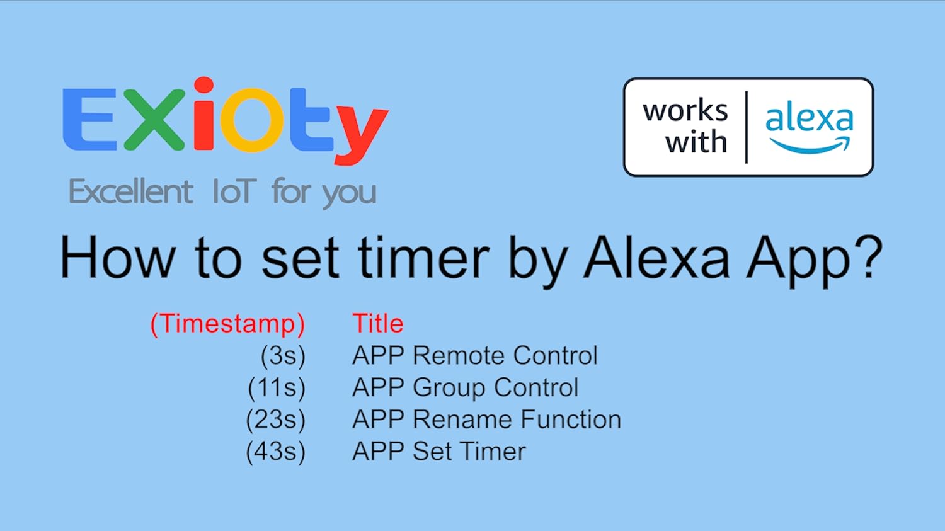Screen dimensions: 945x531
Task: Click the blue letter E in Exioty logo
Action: [89, 119]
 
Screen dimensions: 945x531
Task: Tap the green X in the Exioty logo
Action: [155, 119]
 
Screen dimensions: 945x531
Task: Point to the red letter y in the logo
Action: [361, 135]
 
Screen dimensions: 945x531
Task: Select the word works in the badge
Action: [685, 111]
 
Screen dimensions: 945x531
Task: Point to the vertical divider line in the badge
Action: [747, 127]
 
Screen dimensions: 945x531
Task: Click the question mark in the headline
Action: [869, 257]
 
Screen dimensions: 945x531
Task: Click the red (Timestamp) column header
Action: [228, 324]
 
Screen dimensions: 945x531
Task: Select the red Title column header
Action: [378, 324]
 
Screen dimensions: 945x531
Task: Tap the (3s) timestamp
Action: [283, 356]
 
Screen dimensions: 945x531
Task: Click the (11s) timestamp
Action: [277, 387]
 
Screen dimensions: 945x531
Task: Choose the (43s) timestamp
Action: [275, 452]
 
